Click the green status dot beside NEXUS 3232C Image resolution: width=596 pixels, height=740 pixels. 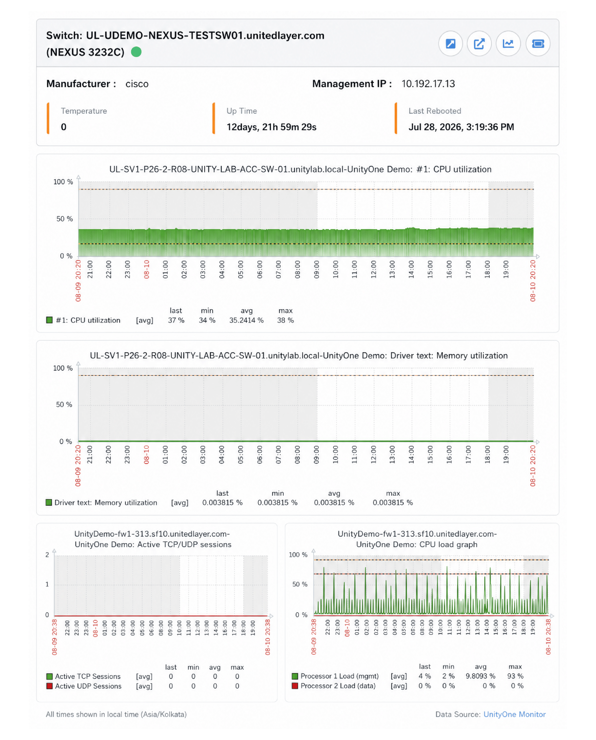point(136,52)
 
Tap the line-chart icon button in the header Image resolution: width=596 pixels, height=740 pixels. point(508,44)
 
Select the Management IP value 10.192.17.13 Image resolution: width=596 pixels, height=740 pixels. point(428,84)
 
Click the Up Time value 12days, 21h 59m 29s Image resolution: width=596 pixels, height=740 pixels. point(271,127)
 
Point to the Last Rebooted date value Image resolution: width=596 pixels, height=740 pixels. point(461,127)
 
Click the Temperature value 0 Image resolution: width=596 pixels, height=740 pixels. point(64,127)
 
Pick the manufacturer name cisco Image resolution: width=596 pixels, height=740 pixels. point(137,84)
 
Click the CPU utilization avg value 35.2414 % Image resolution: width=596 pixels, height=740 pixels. point(246,320)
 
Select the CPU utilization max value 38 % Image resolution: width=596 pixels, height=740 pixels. point(285,320)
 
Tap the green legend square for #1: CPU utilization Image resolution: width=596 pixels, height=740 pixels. point(49,320)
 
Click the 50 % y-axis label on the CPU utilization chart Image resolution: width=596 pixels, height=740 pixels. point(64,219)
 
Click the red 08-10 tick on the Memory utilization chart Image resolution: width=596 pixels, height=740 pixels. point(146,454)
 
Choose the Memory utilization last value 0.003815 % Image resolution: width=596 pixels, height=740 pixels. point(222,503)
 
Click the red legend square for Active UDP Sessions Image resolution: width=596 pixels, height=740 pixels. point(49,686)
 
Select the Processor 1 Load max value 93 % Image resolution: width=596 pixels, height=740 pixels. point(515,676)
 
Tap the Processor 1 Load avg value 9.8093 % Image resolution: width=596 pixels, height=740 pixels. point(480,676)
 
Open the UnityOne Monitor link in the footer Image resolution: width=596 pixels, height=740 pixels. point(514,714)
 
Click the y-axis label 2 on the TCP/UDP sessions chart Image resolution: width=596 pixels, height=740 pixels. point(47,555)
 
